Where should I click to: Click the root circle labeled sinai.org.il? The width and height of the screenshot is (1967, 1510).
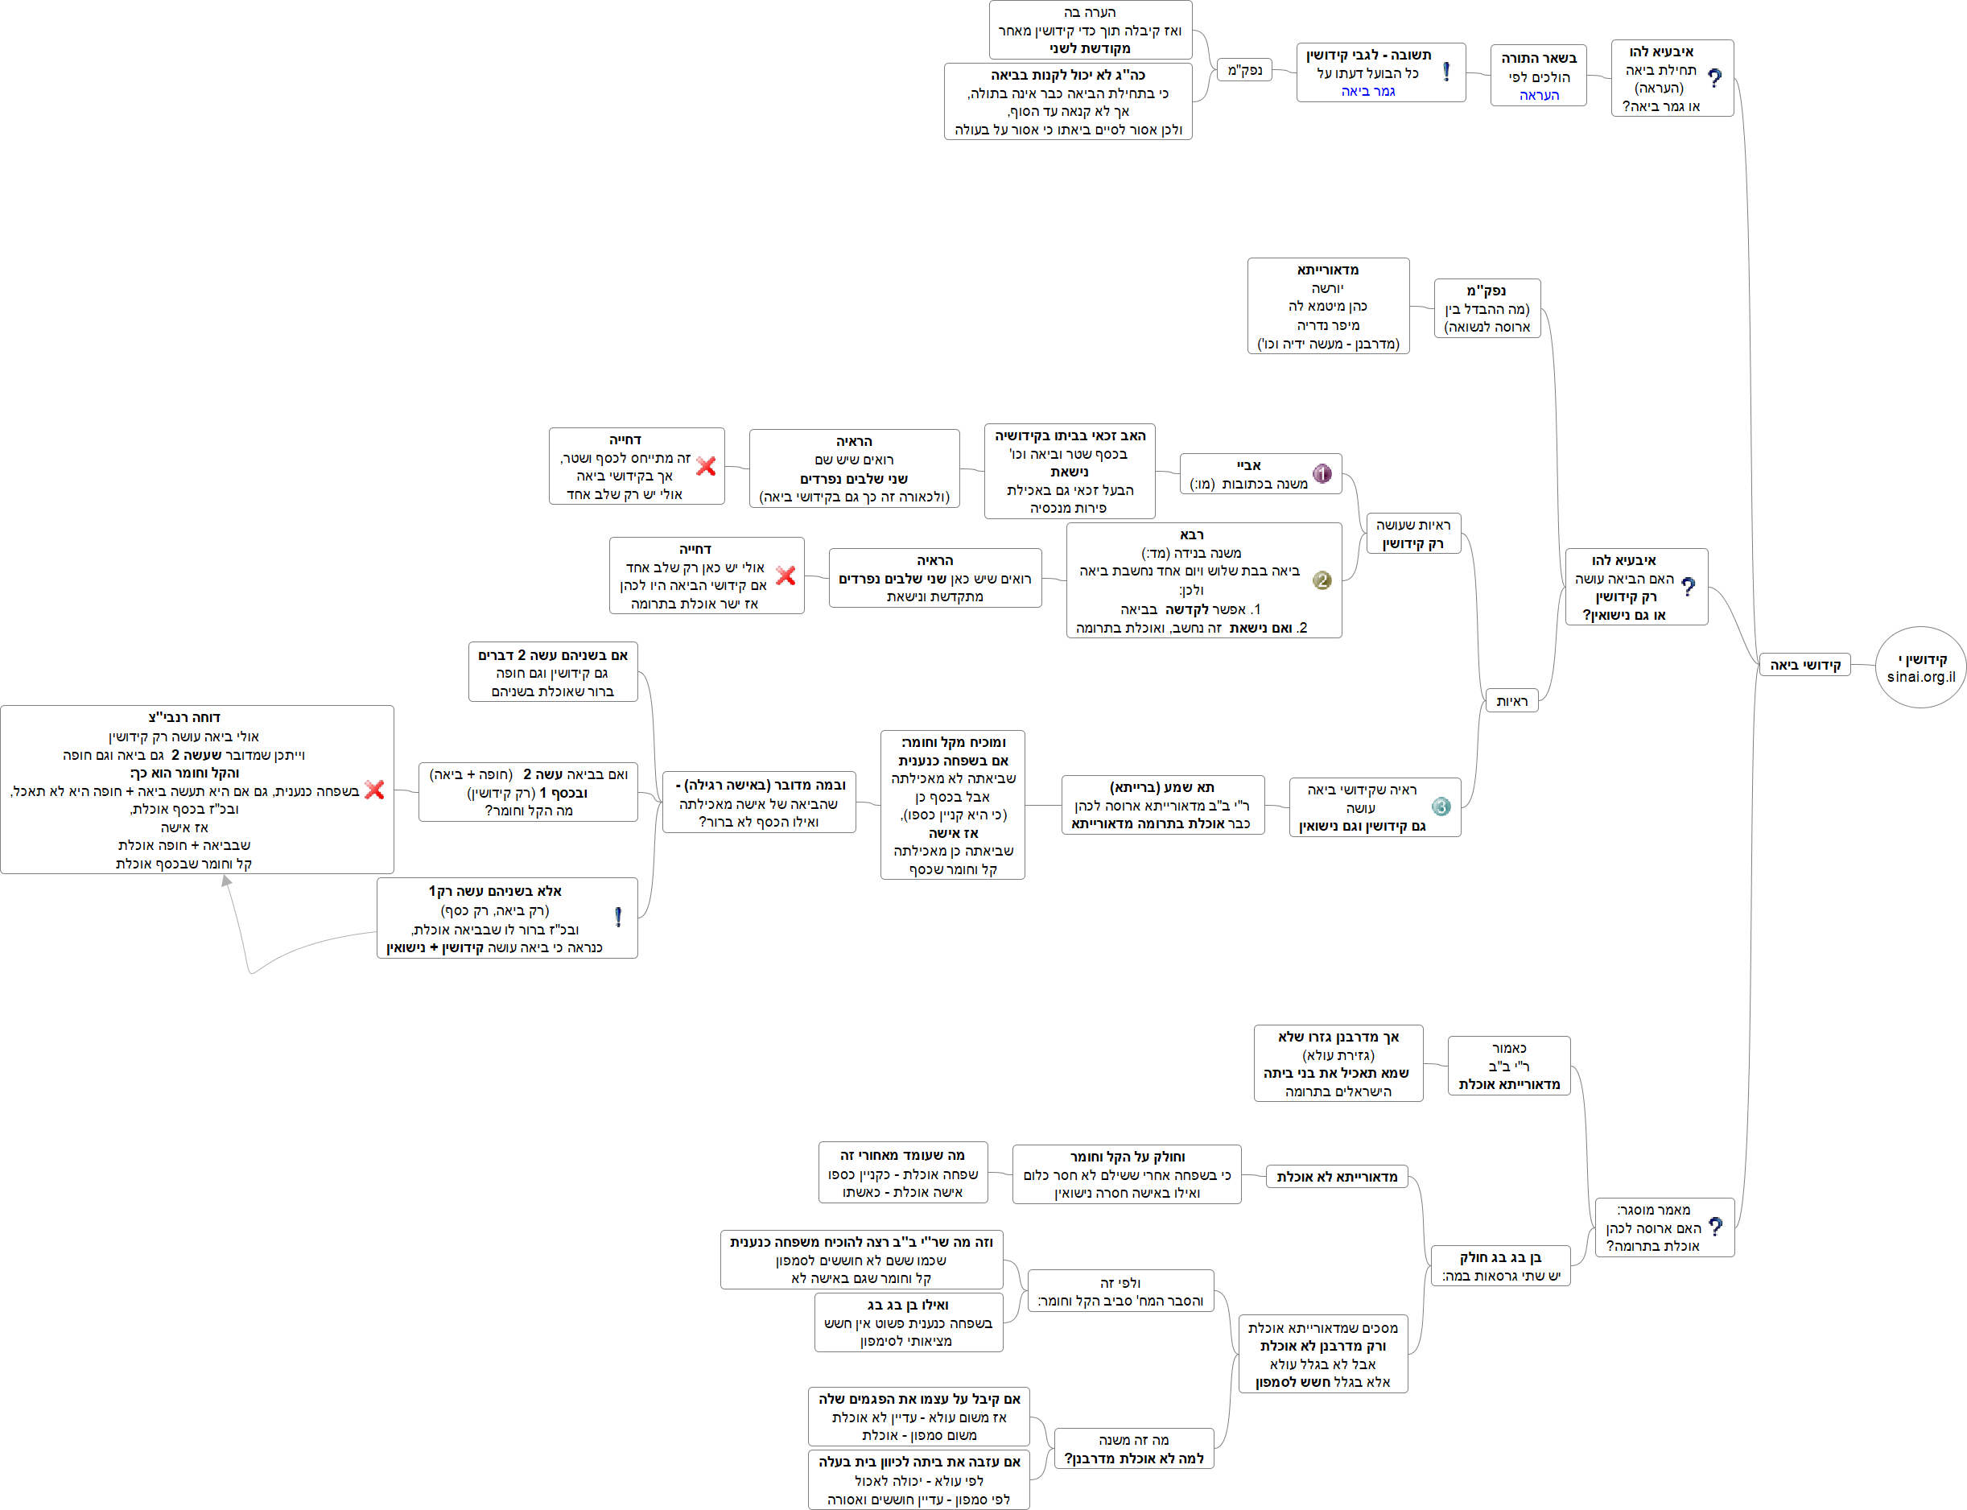1920,667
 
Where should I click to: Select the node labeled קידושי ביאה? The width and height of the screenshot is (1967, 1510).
1804,665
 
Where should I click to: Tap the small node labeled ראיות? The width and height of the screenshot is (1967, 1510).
1511,701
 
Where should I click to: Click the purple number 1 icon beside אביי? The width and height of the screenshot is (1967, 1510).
1322,473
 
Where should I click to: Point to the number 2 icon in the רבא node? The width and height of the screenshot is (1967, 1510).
1322,580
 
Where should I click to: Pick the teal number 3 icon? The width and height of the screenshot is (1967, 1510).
1441,807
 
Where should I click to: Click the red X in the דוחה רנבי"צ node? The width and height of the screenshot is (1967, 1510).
375,790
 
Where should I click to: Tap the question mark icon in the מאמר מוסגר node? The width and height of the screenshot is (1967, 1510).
1715,1227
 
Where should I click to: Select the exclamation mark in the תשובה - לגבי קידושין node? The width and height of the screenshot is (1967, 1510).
1445,72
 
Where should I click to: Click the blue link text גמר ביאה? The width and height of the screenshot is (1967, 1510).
1367,92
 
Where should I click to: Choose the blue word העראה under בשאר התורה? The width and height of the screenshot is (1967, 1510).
1538,95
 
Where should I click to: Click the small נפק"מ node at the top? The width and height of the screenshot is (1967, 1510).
1244,70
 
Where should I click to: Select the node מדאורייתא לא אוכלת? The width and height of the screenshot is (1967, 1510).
1336,1177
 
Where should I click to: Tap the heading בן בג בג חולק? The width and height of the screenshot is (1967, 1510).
1499,1257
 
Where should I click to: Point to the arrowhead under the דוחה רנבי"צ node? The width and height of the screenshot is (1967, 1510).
226,881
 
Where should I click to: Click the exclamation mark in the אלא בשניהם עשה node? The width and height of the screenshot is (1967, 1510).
618,917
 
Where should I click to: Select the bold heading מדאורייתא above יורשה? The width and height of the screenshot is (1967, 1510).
1327,270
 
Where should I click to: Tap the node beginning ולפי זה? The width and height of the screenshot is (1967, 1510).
1120,1292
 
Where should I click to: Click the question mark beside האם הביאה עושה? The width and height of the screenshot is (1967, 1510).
1689,587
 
